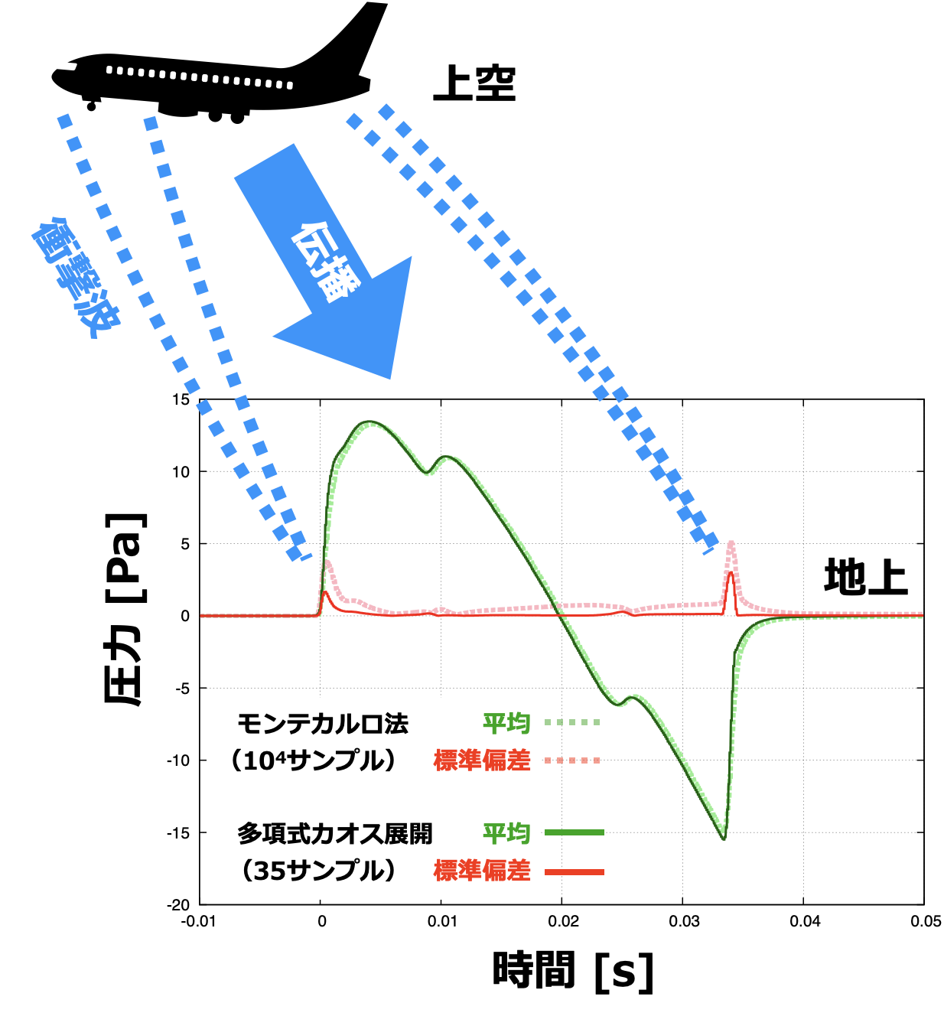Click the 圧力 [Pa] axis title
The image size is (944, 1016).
[x=125, y=607]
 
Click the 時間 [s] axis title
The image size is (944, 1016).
[x=574, y=972]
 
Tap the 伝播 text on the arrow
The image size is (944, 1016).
[x=324, y=262]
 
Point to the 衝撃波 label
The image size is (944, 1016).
[x=75, y=277]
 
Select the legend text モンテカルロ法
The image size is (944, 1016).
[x=322, y=724]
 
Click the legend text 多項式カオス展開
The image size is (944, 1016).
[x=334, y=833]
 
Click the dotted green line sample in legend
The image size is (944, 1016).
[x=572, y=722]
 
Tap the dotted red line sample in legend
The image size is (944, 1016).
[x=572, y=760]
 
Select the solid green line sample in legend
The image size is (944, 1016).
[x=574, y=832]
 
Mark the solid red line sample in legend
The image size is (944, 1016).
[x=574, y=871]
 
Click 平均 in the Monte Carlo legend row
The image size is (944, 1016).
[x=506, y=723]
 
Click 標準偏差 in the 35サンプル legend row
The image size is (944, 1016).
[x=482, y=871]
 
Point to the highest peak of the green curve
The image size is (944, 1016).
[x=370, y=422]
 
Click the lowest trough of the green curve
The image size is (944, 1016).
[x=723, y=837]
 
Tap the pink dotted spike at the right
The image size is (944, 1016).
[x=731, y=545]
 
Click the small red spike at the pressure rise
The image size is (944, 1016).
[x=326, y=593]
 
